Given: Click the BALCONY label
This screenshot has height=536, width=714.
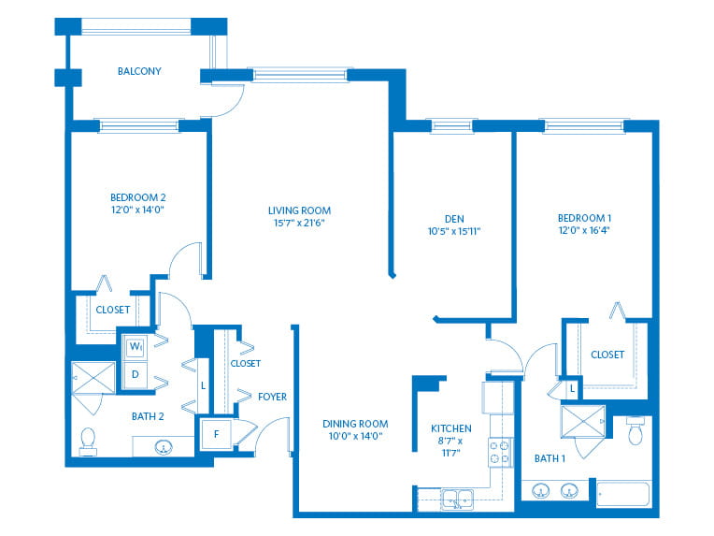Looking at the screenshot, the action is (x=139, y=71).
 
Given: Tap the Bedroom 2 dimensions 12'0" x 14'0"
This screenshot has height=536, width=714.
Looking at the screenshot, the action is (x=137, y=210).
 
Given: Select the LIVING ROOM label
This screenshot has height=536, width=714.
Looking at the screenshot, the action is (x=299, y=210).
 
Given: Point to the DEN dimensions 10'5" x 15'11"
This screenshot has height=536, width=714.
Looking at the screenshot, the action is (x=454, y=231).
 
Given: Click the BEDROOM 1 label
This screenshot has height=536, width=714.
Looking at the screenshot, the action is (x=584, y=218).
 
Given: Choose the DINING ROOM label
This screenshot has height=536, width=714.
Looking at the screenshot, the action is (x=355, y=424).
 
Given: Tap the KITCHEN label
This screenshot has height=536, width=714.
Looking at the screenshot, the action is (x=451, y=428).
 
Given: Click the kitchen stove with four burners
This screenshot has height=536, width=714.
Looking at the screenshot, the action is (x=500, y=452).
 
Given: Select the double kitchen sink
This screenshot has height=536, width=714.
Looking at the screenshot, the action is (x=458, y=500).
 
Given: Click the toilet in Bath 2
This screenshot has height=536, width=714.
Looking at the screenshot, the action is (x=88, y=442).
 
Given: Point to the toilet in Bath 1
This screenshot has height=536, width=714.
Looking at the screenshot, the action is (x=635, y=429).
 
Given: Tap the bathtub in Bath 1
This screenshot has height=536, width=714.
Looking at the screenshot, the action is (x=623, y=494).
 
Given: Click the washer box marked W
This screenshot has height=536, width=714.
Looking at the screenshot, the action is (x=135, y=347).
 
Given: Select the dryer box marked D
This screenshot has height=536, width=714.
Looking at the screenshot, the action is (x=135, y=375).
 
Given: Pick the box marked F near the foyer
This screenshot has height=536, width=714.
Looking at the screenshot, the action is (x=216, y=434).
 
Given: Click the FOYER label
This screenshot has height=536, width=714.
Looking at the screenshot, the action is (x=272, y=397).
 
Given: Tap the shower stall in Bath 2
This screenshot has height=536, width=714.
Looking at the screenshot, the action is (x=93, y=377).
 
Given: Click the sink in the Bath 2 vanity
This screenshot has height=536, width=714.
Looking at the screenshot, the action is (x=164, y=447).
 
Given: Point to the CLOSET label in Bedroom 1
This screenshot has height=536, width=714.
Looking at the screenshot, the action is (x=607, y=355).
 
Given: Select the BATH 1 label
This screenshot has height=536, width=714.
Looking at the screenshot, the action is (x=550, y=458).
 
